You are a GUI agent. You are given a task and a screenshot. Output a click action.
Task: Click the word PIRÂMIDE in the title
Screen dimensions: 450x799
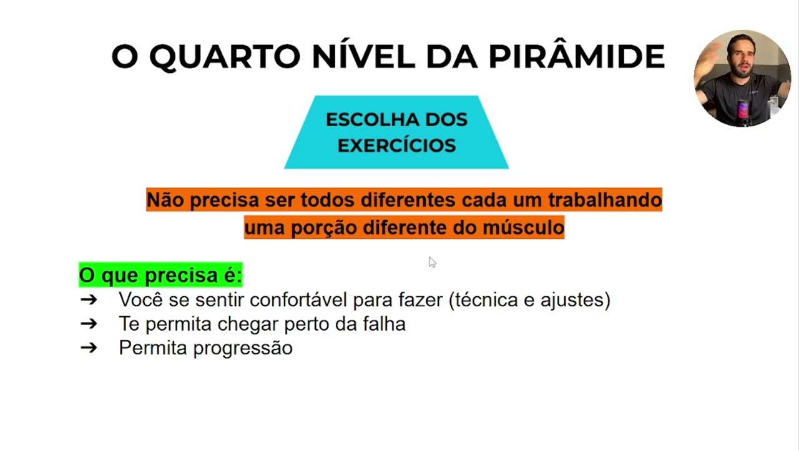(x=576, y=57)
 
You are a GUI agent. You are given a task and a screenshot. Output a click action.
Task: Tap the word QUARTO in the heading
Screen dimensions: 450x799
(x=225, y=57)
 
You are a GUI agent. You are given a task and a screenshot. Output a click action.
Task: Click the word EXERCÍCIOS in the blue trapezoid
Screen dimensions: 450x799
(x=396, y=146)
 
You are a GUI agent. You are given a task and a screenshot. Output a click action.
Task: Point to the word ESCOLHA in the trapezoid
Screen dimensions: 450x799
(x=361, y=119)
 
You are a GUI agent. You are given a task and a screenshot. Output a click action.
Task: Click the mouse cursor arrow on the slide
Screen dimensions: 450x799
(x=432, y=262)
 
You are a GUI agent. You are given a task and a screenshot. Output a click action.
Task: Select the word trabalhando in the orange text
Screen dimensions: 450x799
(x=604, y=200)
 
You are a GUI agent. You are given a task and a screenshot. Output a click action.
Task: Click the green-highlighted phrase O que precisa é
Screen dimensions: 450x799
(x=160, y=275)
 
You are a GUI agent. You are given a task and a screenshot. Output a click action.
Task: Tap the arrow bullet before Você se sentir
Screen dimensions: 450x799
(x=89, y=300)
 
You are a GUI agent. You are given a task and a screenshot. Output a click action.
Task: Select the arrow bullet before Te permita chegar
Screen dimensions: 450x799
(x=89, y=324)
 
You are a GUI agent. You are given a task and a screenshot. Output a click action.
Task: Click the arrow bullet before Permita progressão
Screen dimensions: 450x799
(x=89, y=347)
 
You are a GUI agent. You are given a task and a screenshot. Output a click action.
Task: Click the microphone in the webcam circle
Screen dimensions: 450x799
(x=743, y=111)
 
